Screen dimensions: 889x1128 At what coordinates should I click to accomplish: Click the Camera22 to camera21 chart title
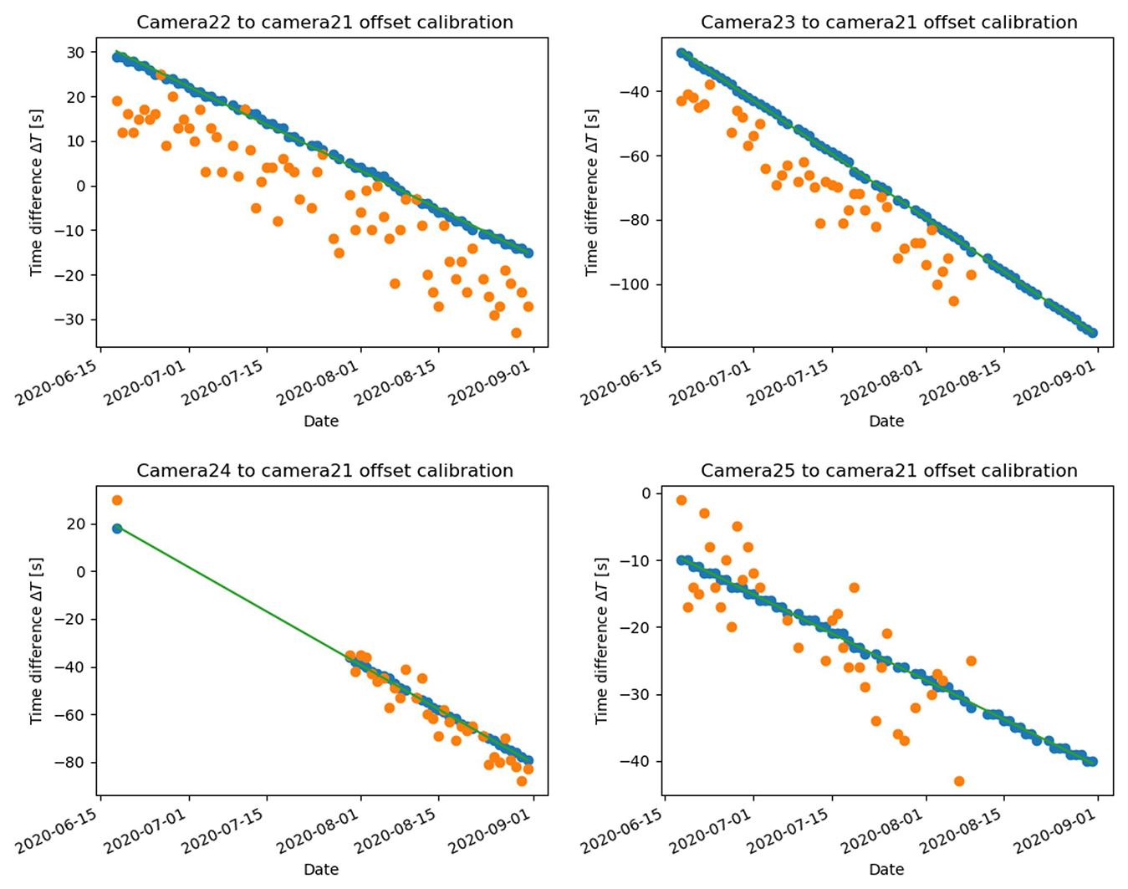(x=324, y=23)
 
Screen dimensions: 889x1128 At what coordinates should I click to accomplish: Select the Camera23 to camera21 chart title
(x=889, y=23)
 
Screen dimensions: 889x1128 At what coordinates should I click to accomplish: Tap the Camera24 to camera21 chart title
(x=324, y=471)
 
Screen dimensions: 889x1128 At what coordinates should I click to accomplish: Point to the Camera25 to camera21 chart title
(x=889, y=471)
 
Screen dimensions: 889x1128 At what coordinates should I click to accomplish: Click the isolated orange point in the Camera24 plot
(x=117, y=500)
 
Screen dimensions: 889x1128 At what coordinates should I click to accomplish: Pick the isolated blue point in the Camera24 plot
(x=117, y=529)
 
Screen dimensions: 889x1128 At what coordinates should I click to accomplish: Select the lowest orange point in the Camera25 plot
(x=959, y=781)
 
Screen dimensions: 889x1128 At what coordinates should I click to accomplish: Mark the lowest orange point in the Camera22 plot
(x=516, y=333)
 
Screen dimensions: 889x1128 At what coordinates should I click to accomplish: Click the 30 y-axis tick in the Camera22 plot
(x=76, y=53)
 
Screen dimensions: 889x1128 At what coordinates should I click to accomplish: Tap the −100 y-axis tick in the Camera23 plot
(x=629, y=285)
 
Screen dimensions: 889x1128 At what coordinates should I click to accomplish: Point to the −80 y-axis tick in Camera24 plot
(x=73, y=763)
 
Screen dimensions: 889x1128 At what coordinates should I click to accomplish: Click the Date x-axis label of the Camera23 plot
(x=886, y=421)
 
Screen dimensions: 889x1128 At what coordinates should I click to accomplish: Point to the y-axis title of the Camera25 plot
(x=601, y=640)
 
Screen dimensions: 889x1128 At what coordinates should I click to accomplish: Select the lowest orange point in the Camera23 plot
(x=953, y=301)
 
